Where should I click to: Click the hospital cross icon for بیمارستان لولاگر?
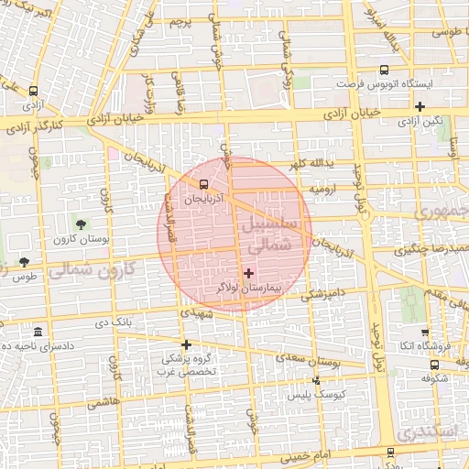[x=248, y=273]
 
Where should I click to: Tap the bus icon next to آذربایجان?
[x=216, y=182]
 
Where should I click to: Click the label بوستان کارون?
[x=81, y=239]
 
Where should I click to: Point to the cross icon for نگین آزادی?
[x=420, y=107]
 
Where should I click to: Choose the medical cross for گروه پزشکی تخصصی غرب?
[x=186, y=345]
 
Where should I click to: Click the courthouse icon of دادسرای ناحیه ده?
[x=37, y=331]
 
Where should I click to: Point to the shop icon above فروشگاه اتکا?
[x=424, y=332]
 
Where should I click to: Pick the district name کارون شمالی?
[x=88, y=271]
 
